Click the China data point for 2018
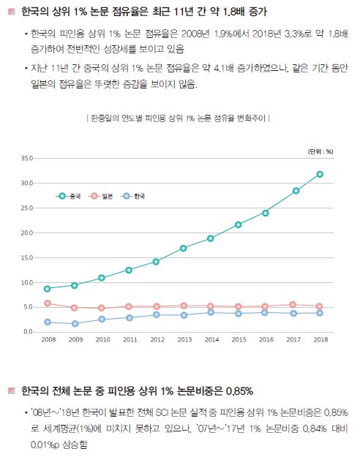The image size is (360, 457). [320, 174]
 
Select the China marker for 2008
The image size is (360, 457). [48, 289]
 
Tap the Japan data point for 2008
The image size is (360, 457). [48, 303]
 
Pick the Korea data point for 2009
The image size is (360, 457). [75, 324]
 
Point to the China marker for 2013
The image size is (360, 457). [183, 248]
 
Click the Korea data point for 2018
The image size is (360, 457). [320, 313]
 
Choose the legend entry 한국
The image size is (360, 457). [135, 197]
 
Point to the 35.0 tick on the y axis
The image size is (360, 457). [28, 158]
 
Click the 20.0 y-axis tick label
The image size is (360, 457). [28, 233]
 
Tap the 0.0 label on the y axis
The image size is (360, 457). [29, 332]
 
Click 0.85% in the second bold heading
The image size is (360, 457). [236, 390]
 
